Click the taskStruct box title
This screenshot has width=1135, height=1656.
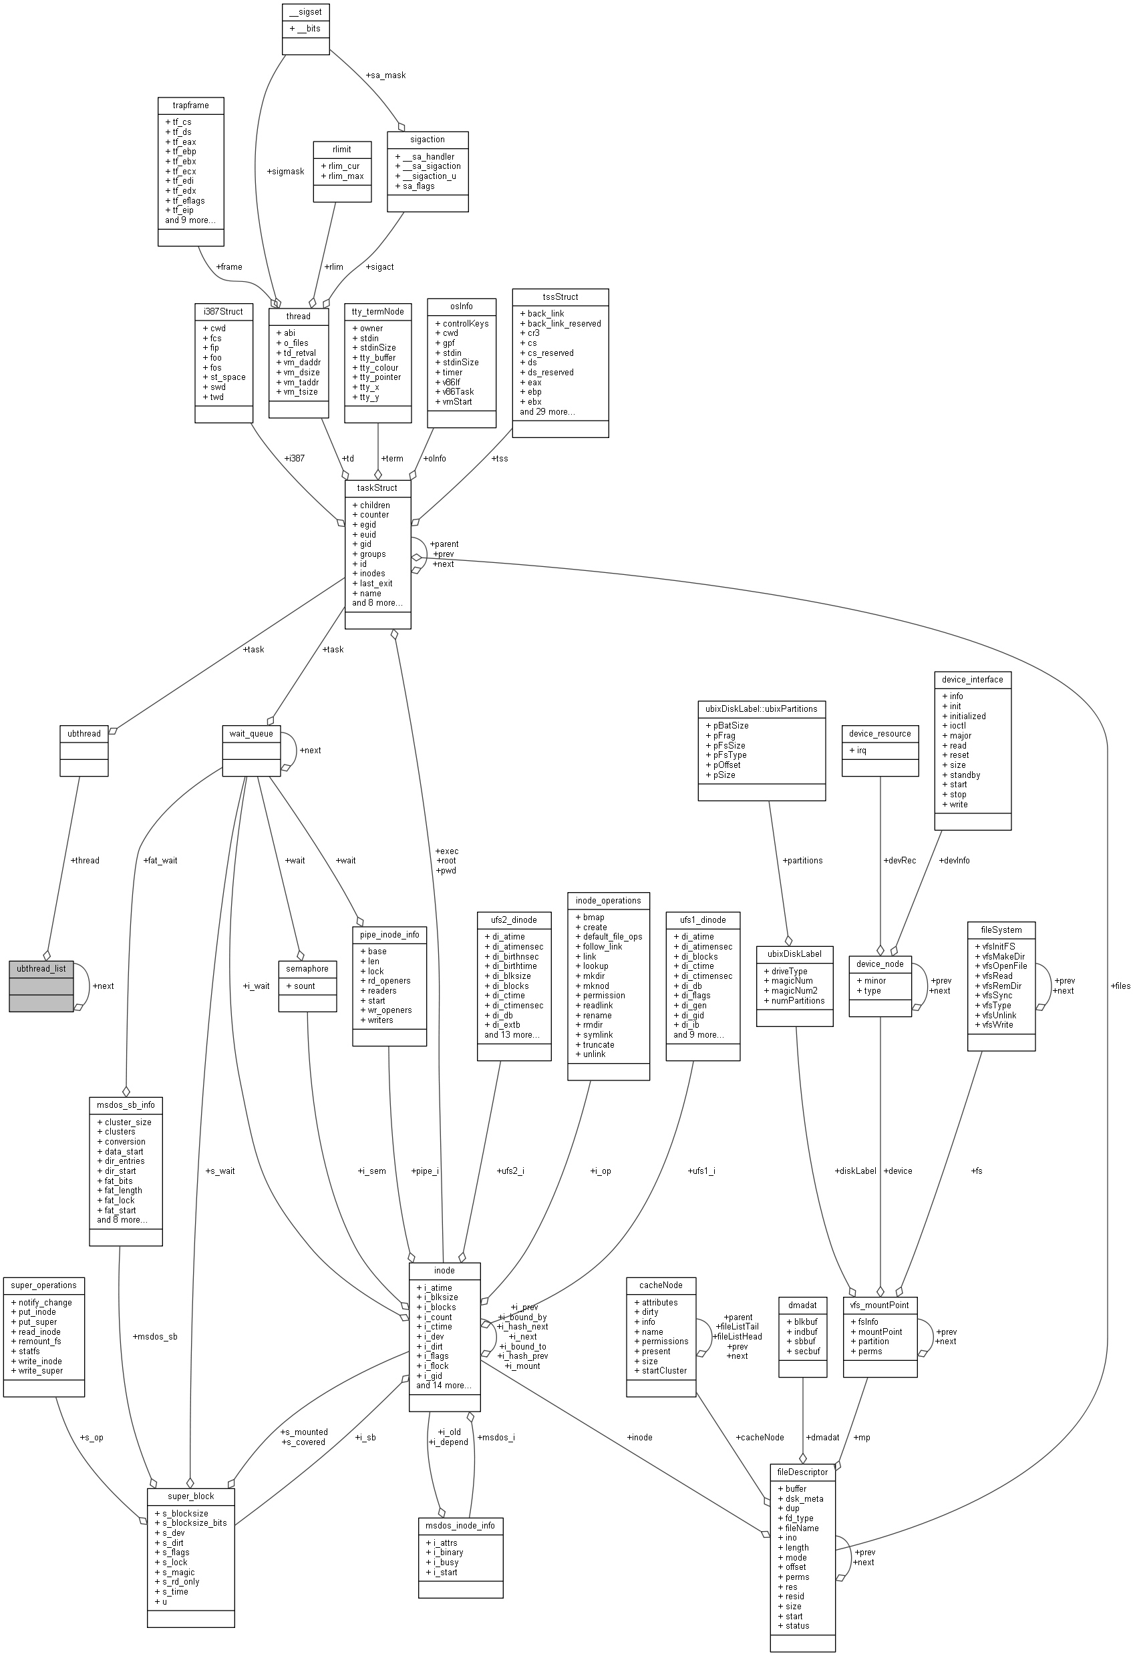click(x=377, y=487)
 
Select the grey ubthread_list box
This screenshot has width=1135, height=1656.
click(x=41, y=986)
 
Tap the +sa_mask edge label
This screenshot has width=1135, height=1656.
click(x=385, y=75)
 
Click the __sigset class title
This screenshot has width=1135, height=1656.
click(x=306, y=12)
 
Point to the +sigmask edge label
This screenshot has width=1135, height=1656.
click(x=285, y=171)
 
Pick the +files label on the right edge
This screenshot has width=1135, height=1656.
click(x=1120, y=986)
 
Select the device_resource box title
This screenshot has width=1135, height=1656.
click(x=880, y=733)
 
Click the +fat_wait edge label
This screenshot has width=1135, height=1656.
click(x=160, y=860)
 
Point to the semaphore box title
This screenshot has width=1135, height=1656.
click(x=307, y=968)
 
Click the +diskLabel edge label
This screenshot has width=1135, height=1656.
click(x=855, y=1171)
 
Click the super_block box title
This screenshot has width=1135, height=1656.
click(x=190, y=1496)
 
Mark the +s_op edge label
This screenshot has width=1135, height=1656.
click(x=92, y=1437)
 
